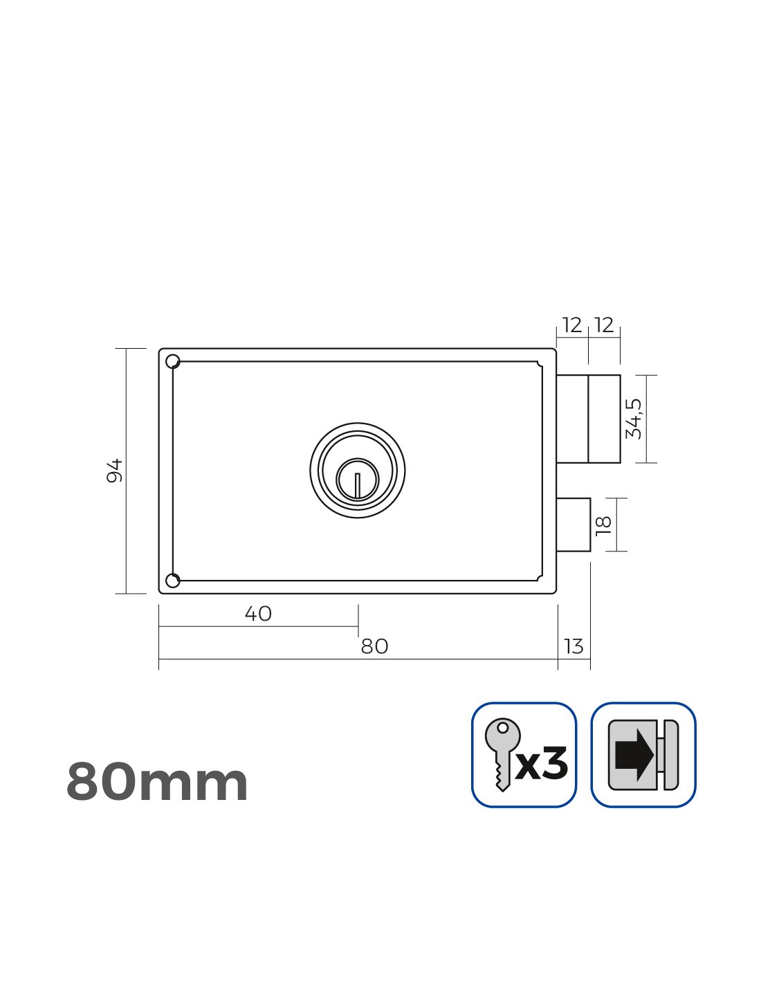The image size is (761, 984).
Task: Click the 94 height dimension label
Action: tap(114, 471)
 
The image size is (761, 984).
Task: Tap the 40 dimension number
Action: tap(258, 614)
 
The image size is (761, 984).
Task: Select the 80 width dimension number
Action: tap(374, 646)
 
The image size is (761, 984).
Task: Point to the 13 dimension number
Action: tap(574, 646)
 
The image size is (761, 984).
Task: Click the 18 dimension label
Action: tap(604, 525)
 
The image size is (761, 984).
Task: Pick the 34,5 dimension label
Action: tap(633, 419)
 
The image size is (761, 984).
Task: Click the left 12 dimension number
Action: tap(572, 325)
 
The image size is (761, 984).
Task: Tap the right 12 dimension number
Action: tap(605, 325)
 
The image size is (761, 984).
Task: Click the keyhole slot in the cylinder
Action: tap(358, 485)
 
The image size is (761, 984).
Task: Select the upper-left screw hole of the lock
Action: tap(173, 361)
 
